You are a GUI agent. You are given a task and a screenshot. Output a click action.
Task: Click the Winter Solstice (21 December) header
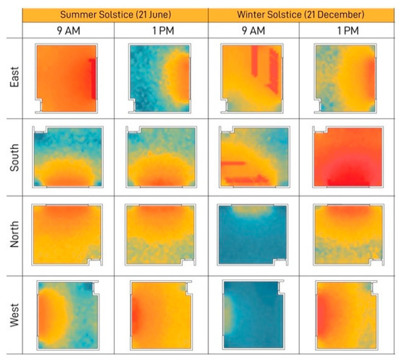click(302, 14)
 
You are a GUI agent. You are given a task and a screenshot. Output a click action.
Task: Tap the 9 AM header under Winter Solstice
click(255, 31)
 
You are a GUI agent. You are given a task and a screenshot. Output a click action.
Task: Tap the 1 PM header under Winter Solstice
click(347, 31)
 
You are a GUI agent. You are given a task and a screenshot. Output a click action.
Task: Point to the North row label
click(15, 236)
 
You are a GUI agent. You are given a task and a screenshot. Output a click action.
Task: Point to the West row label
click(15, 315)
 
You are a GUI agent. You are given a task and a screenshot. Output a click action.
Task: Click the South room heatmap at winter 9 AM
click(253, 157)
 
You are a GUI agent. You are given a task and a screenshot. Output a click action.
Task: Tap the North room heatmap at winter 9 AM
click(253, 236)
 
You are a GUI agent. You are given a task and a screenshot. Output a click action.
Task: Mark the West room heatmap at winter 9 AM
click(253, 315)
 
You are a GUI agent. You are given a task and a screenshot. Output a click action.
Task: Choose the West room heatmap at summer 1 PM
click(161, 315)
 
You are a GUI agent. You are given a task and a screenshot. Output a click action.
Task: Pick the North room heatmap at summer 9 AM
click(67, 236)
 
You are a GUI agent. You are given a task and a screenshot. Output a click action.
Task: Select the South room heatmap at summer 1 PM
click(161, 157)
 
